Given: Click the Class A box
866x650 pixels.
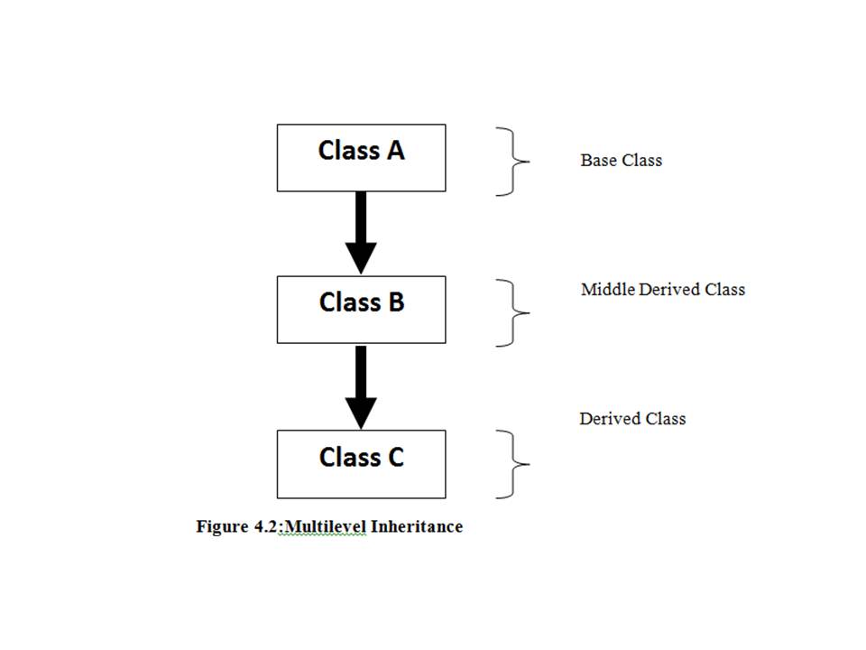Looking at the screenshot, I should (x=361, y=158).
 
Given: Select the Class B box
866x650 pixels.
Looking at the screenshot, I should (x=361, y=310).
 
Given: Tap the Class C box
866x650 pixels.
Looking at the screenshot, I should (x=361, y=464).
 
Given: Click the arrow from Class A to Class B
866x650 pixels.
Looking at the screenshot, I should (x=361, y=226).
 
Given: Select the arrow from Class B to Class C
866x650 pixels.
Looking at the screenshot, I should (x=361, y=379).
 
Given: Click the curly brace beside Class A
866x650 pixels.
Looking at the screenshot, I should (x=512, y=162).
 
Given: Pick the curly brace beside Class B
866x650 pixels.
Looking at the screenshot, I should (x=512, y=313).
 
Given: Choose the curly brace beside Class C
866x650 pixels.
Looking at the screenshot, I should (x=512, y=464).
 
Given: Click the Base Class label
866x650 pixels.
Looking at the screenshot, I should (x=621, y=161).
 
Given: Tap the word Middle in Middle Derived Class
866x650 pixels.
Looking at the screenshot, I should (x=608, y=290).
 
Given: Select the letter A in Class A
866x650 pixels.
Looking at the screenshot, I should (x=394, y=151).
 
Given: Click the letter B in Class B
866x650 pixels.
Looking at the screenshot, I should (x=395, y=302).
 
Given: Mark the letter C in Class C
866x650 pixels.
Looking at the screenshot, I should (x=395, y=458).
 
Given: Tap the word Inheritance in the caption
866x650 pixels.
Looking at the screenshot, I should (x=416, y=526).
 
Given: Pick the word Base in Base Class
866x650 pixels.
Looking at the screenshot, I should (x=597, y=161).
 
